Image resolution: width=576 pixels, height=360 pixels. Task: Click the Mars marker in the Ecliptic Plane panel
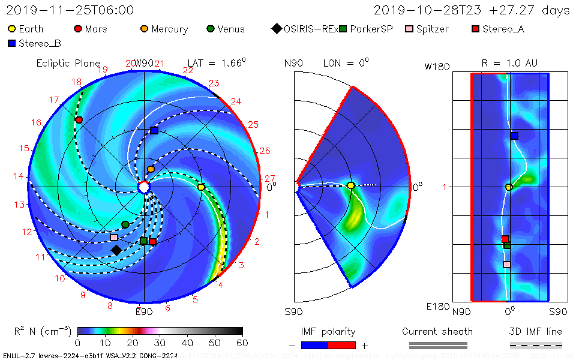pyautogui.click(x=79, y=120)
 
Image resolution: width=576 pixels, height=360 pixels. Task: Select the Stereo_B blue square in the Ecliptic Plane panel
pyautogui.click(x=154, y=130)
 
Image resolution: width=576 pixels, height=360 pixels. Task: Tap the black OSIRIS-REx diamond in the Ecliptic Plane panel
pyautogui.click(x=116, y=250)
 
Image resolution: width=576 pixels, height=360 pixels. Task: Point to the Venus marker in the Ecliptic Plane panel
pyautogui.click(x=125, y=224)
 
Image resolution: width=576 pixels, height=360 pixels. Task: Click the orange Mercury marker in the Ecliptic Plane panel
pyautogui.click(x=151, y=169)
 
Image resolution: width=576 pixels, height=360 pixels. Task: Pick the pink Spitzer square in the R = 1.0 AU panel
pyautogui.click(x=507, y=265)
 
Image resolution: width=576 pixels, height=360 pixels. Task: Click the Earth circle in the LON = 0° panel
pyautogui.click(x=351, y=185)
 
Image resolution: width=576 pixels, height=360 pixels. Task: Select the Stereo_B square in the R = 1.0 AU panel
pyautogui.click(x=514, y=136)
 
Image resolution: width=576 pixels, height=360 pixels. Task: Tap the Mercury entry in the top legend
pyautogui.click(x=164, y=29)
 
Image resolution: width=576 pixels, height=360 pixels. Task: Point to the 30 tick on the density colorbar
pyautogui.click(x=160, y=343)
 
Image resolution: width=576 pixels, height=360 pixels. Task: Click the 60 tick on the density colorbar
pyautogui.click(x=242, y=343)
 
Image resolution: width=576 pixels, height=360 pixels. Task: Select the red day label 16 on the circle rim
pyautogui.click(x=37, y=122)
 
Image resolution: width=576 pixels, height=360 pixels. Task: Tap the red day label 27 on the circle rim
pyautogui.click(x=270, y=178)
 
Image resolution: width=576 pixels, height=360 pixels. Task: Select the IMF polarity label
pyautogui.click(x=328, y=331)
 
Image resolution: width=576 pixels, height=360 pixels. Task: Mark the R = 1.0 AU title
pyautogui.click(x=509, y=63)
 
